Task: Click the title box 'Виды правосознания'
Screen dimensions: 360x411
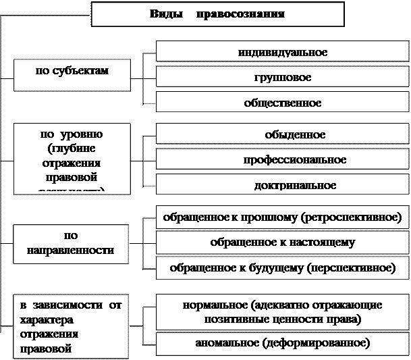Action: tap(217, 14)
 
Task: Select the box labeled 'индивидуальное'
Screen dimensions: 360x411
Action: tap(282, 52)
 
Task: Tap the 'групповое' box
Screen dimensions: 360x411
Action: tap(282, 78)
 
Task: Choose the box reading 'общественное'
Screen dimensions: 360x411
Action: tap(282, 103)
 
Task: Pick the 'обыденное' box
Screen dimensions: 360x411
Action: tap(282, 134)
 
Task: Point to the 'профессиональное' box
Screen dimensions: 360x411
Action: tap(282, 160)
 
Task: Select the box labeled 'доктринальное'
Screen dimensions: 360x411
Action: tap(282, 185)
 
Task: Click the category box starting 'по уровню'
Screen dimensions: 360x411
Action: tap(72, 158)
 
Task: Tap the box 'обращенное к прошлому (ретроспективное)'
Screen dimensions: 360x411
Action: tap(282, 217)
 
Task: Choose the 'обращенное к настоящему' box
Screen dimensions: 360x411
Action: tap(282, 242)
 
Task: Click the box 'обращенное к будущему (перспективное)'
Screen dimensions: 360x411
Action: tap(282, 267)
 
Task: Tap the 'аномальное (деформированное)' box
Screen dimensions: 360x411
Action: tap(282, 342)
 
